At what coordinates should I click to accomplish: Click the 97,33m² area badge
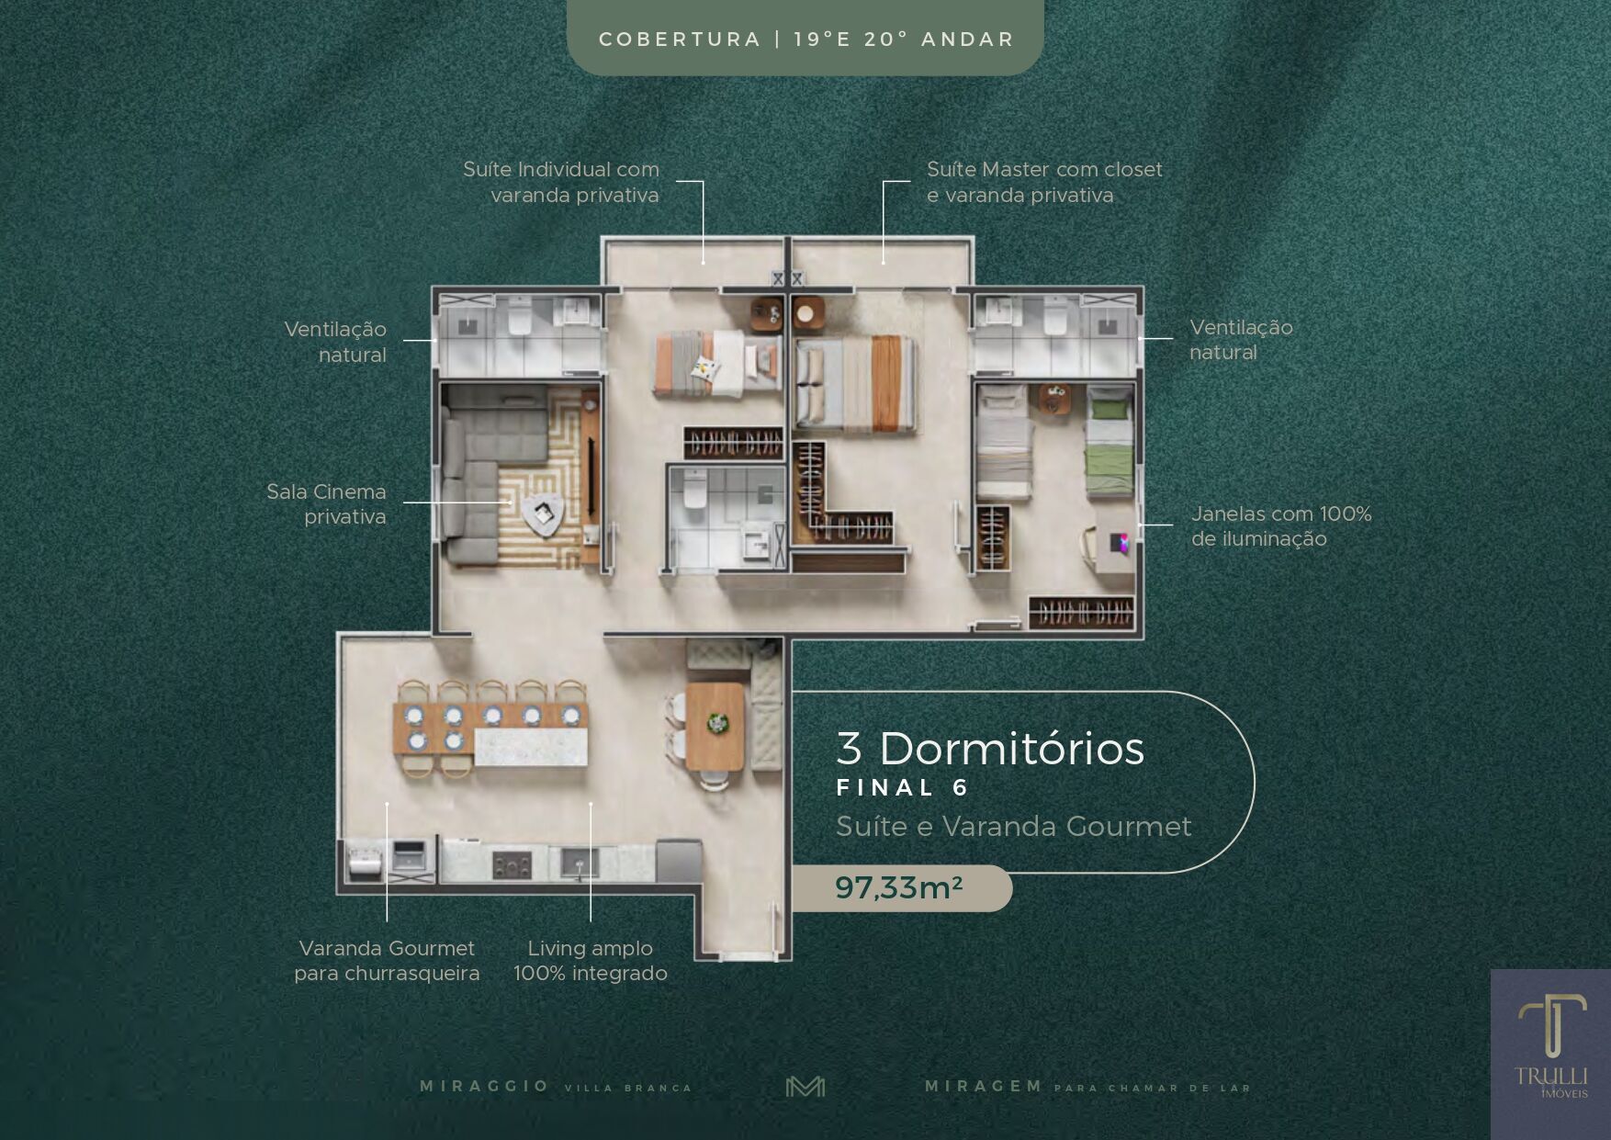(901, 888)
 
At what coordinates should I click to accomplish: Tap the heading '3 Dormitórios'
(990, 748)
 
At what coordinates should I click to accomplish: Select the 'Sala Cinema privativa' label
(326, 504)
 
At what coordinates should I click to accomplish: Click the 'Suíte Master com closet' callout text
(1044, 169)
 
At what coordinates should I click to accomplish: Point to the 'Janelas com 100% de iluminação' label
(1281, 526)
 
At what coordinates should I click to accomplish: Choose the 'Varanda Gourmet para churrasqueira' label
(387, 960)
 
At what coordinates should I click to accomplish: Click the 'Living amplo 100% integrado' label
(591, 960)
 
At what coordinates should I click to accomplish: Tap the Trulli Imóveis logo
(1551, 1046)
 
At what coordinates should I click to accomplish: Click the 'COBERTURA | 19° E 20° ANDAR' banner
(805, 39)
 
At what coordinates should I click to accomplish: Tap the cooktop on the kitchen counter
(512, 863)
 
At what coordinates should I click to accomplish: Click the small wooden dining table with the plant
(715, 726)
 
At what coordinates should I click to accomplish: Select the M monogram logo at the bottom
(805, 1087)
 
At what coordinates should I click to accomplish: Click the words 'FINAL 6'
(903, 787)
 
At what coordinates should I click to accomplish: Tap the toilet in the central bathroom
(694, 491)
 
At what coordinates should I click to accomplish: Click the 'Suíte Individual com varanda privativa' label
(561, 182)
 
